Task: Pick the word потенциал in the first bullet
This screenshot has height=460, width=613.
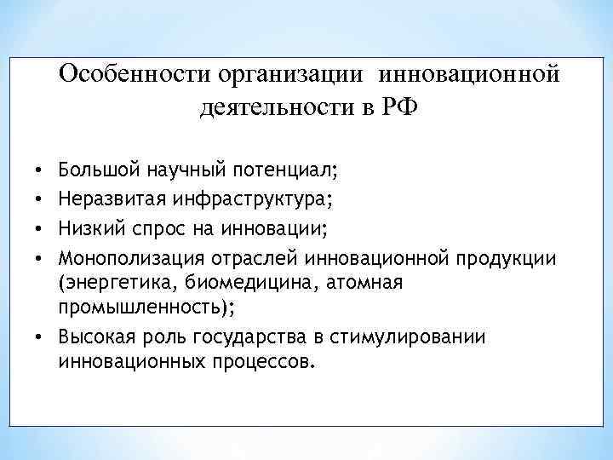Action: (289, 170)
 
